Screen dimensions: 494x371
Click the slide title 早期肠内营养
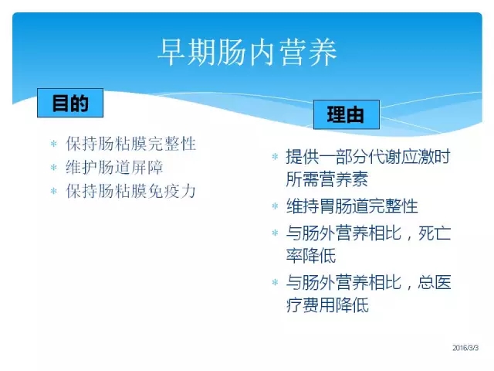coord(247,52)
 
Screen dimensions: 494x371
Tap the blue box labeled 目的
coord(70,103)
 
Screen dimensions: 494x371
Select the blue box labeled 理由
coord(347,114)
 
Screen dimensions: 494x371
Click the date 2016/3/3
coord(465,348)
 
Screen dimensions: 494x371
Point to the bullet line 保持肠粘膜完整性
coord(130,144)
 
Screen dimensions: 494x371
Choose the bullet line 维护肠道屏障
coord(114,167)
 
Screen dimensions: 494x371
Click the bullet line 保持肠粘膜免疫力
coord(130,191)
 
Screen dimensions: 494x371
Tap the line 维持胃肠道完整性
coord(352,206)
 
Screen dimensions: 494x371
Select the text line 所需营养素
coord(327,179)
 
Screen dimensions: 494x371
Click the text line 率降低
coord(310,256)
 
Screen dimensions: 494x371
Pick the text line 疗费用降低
coord(327,305)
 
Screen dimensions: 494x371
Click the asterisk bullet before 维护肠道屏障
coord(54,168)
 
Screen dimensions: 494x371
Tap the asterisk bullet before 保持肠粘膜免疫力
coord(54,191)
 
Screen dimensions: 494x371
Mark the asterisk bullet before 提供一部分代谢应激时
coord(275,156)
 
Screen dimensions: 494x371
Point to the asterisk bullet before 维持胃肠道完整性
coord(275,206)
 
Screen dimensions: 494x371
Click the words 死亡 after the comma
coord(435,233)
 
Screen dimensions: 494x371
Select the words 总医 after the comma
coord(435,282)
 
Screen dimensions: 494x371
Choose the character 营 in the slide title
coord(293,52)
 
